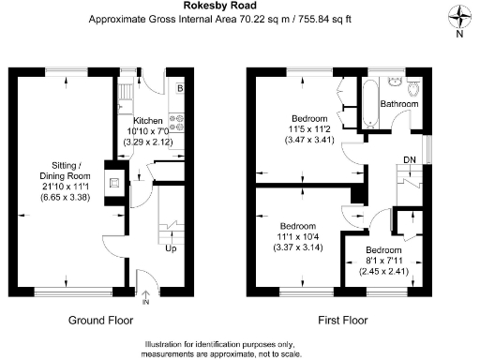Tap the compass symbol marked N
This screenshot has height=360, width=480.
point(458,18)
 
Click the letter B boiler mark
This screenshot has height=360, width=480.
point(180,88)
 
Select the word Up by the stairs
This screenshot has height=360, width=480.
point(170,249)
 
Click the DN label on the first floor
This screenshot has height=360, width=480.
point(409,159)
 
